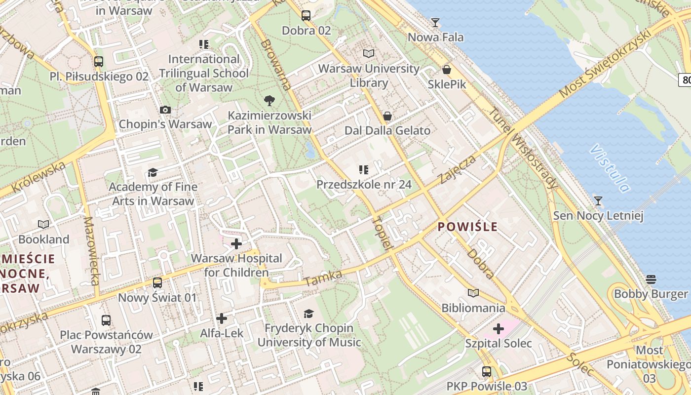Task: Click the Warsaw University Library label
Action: pos(369,76)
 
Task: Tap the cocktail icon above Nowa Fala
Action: pos(435,22)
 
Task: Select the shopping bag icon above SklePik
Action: pos(447,70)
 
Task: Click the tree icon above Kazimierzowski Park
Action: pos(269,101)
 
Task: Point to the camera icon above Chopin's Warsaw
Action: pos(165,110)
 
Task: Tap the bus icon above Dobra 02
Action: pos(306,16)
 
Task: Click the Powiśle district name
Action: pos(468,227)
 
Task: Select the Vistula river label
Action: pos(610,168)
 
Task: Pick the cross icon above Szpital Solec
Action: pos(499,328)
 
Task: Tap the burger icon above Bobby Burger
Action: pos(651,279)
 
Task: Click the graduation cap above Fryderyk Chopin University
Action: pos(308,314)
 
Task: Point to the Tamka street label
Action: pos(323,278)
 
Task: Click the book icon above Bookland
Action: pos(43,225)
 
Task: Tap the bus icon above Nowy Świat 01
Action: pos(157,283)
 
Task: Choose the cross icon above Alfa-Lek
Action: pos(222,318)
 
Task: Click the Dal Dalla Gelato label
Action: pos(387,131)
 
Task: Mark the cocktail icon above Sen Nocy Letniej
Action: pos(598,200)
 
